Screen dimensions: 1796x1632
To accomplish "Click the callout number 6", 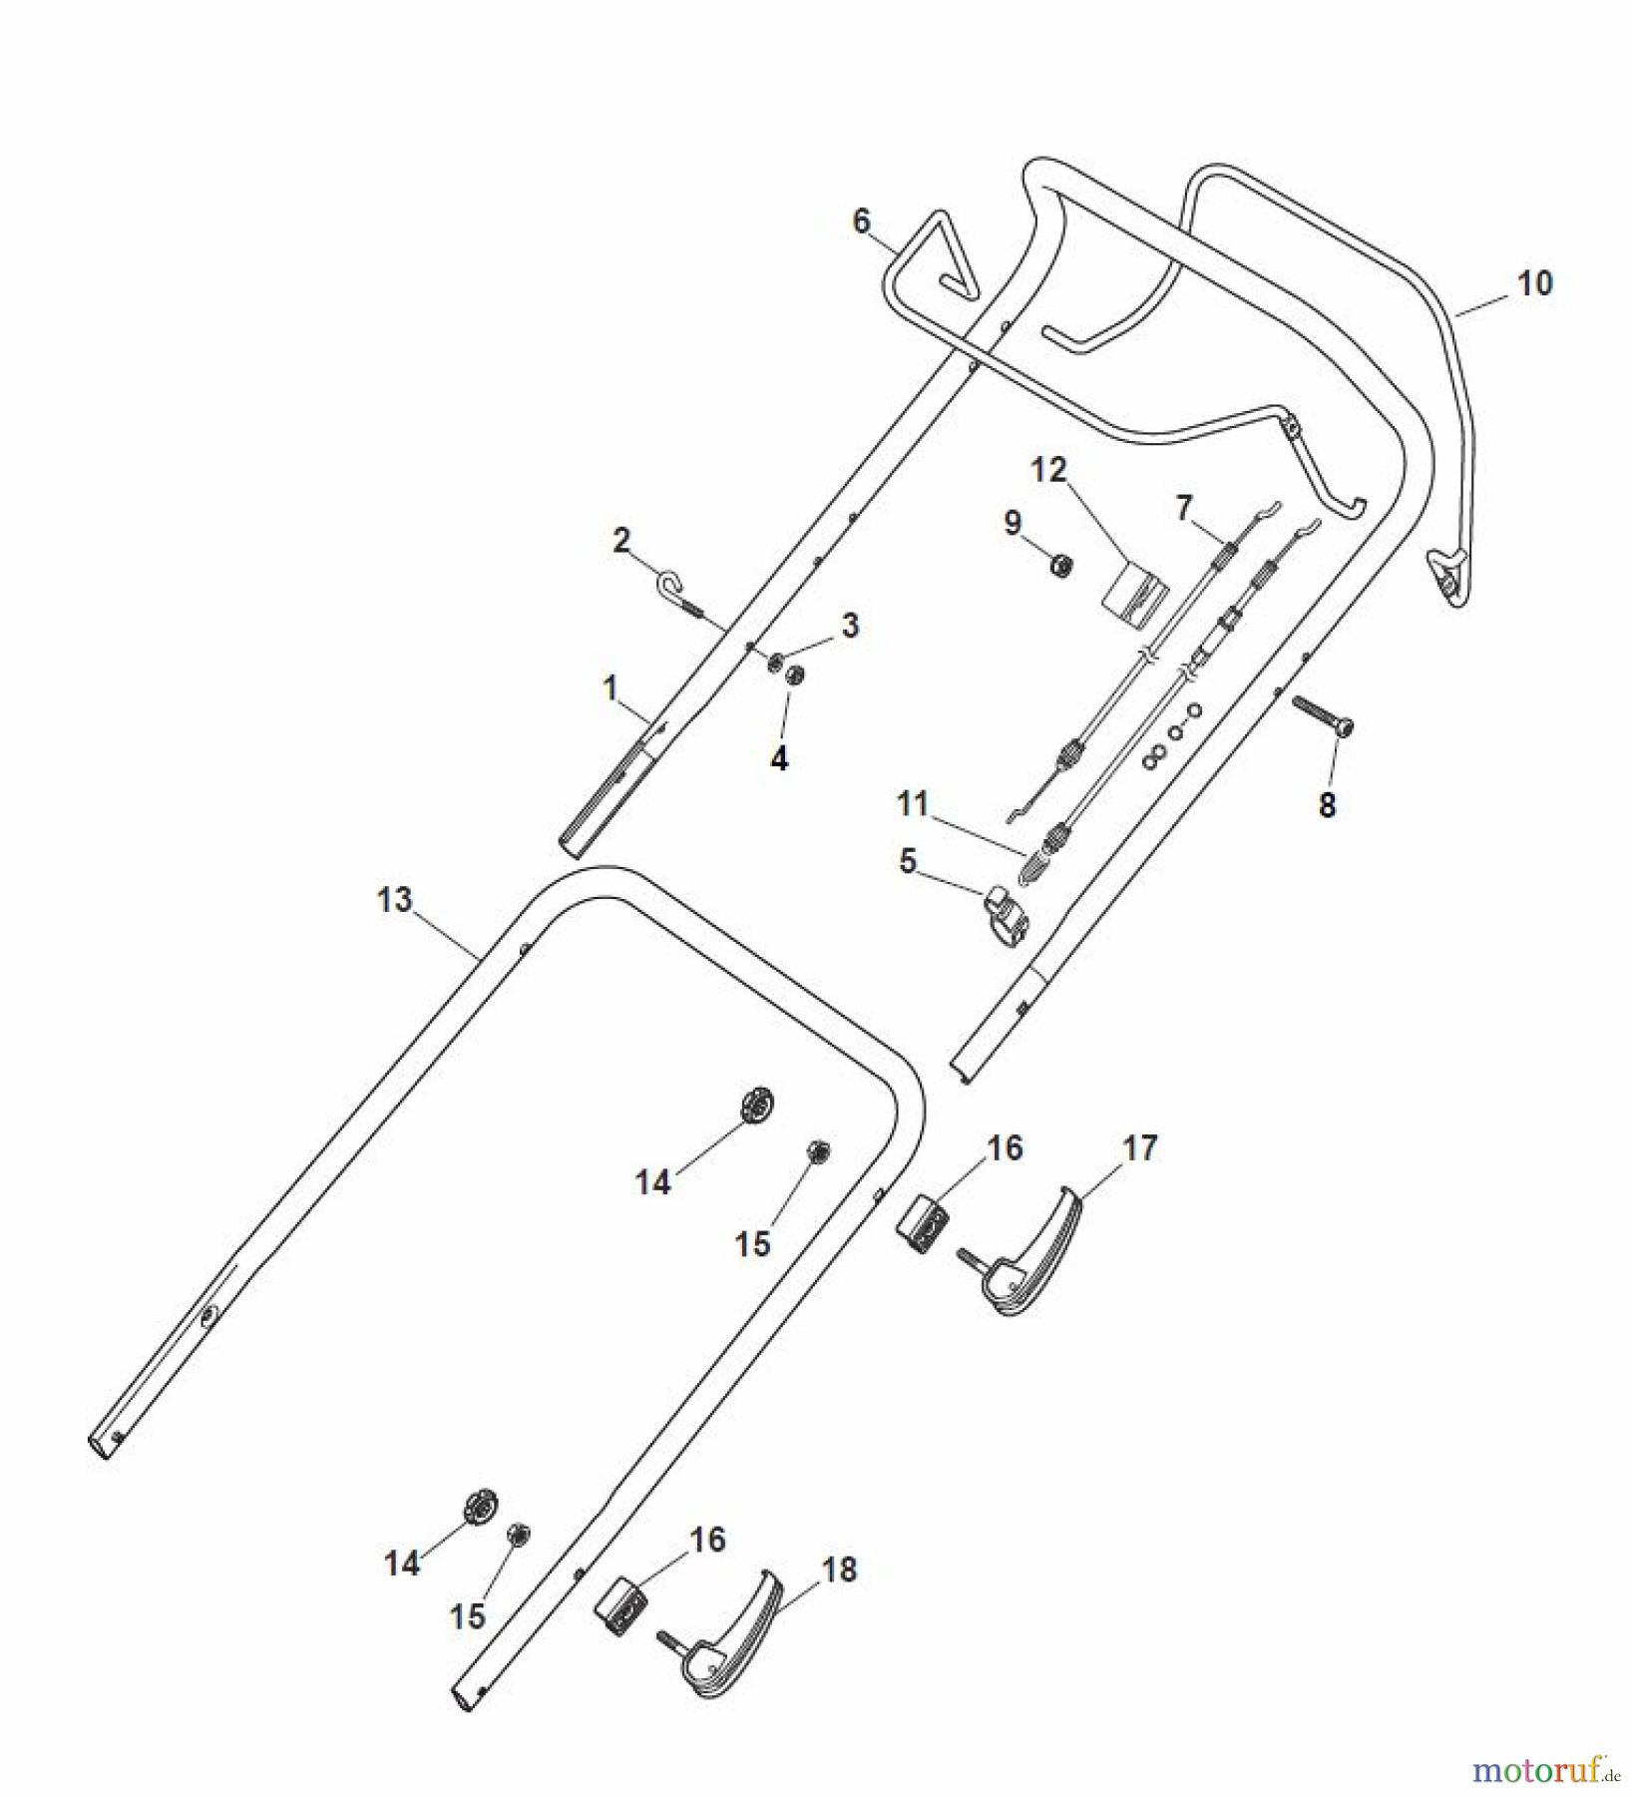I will (862, 221).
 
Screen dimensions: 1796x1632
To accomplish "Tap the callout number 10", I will (1534, 283).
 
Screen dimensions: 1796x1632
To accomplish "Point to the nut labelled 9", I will (1061, 566).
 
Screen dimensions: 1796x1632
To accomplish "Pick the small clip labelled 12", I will (1134, 593).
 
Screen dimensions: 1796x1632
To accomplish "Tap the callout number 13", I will (394, 900).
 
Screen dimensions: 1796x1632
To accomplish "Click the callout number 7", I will (1183, 509).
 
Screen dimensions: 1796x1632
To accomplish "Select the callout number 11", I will (913, 803).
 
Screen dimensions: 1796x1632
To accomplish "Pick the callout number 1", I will (611, 687).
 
